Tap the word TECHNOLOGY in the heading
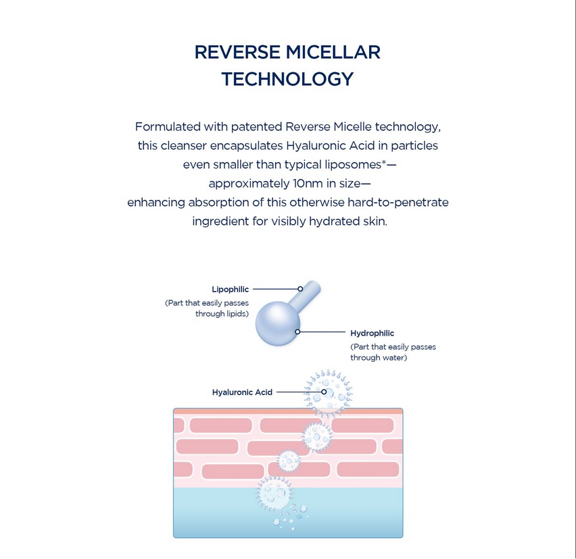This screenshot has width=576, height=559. pos(287,79)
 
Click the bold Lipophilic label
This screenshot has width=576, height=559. pos(230,290)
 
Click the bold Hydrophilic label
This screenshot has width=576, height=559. pos(372,334)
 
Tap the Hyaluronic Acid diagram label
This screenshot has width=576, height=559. pos(242,392)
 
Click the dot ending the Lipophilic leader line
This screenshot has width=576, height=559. pos(300,289)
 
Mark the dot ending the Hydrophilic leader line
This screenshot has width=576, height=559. pos(297,331)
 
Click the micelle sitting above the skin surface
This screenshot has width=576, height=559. pos(328,392)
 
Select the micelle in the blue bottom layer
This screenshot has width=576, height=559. pos(274,494)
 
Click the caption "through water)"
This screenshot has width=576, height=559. pos(379,358)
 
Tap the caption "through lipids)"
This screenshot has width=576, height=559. pos(222,314)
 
